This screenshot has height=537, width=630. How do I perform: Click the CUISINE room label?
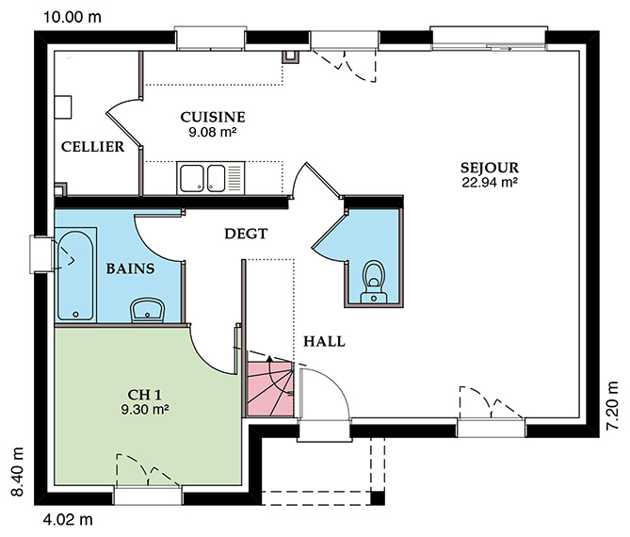click(213, 117)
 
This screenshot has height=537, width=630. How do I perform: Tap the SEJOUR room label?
click(490, 168)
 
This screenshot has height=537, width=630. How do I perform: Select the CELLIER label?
click(92, 147)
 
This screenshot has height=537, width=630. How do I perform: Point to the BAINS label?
click(130, 268)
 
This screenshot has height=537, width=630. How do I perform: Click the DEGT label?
click(246, 234)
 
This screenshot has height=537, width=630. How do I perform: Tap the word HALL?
click(324, 341)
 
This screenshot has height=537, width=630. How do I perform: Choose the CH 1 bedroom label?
click(145, 395)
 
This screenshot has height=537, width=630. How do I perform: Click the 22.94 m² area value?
click(490, 183)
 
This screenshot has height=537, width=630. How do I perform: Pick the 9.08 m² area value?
click(212, 132)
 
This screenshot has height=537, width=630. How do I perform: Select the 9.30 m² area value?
click(145, 410)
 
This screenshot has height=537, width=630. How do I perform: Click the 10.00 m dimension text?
click(72, 17)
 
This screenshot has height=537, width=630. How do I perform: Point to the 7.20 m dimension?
click(613, 405)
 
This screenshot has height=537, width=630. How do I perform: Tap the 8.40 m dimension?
click(17, 472)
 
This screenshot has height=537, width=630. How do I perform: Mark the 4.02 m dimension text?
click(68, 519)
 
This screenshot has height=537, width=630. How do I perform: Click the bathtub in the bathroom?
click(75, 275)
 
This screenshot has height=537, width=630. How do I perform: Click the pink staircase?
click(270, 389)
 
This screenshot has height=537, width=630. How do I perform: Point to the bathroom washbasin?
click(148, 310)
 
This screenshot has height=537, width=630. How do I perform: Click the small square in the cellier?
click(63, 106)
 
